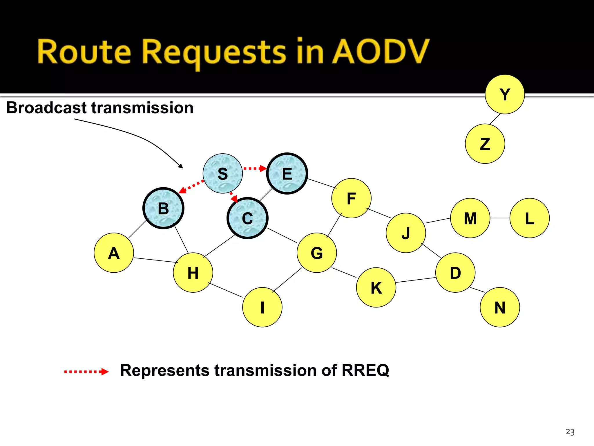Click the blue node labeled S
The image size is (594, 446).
222,174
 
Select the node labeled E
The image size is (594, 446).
287,174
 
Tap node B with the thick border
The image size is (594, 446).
163,208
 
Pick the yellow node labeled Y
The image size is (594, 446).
505,94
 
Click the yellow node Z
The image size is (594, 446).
485,144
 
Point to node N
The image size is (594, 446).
500,307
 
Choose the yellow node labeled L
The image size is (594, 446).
529,218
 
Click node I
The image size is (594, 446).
262,307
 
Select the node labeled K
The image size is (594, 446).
376,287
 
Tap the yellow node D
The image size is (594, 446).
455,273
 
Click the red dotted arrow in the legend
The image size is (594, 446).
86,371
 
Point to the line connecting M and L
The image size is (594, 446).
500,218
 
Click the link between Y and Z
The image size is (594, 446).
495,119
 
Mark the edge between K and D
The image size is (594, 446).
416,280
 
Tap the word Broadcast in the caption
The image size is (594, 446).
46,108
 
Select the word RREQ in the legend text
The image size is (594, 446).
365,371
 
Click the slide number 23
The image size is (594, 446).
570,432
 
